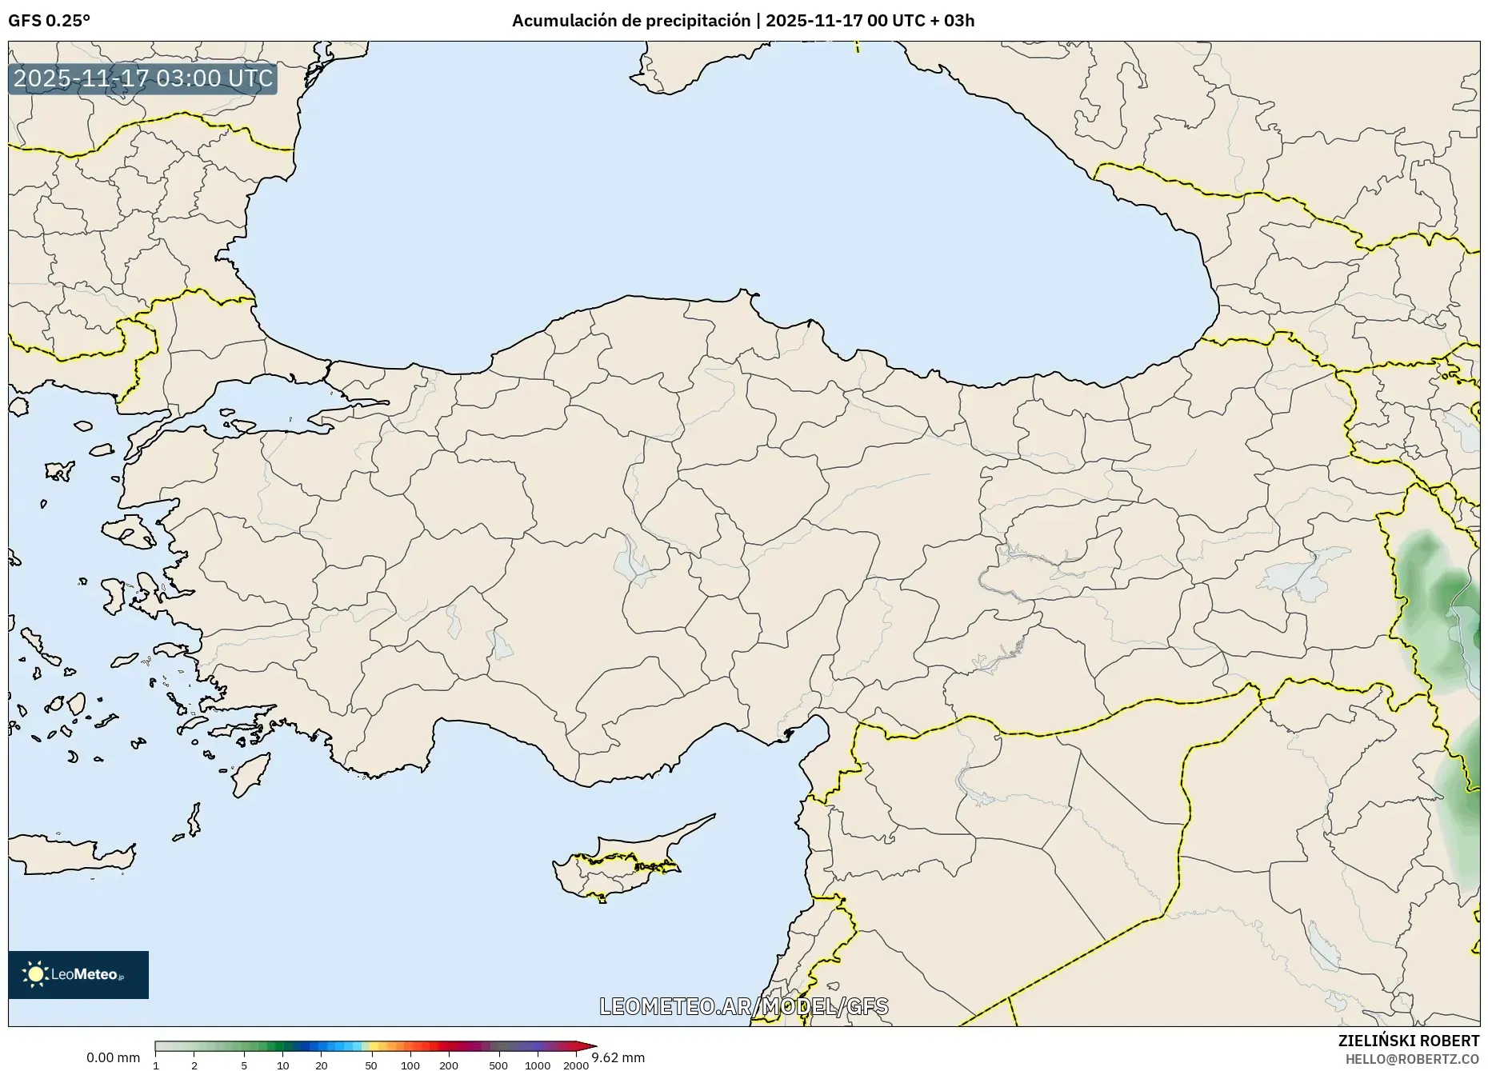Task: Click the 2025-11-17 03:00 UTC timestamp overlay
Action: coord(143,78)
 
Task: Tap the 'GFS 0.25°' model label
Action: coord(49,21)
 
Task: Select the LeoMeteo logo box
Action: coord(78,974)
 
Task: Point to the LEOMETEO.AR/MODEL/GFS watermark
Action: coord(743,1006)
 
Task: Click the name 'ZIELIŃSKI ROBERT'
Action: coord(1408,1041)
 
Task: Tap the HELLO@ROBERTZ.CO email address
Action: coord(1412,1059)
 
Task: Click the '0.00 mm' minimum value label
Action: coord(113,1058)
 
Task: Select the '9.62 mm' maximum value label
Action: coord(618,1058)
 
